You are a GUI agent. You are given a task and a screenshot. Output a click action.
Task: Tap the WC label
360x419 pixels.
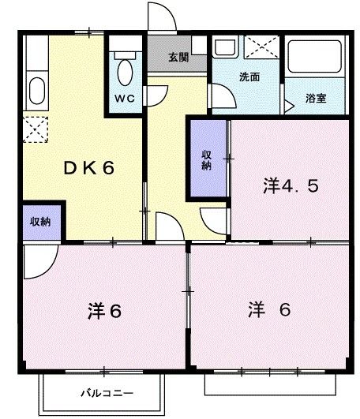(x=125, y=99)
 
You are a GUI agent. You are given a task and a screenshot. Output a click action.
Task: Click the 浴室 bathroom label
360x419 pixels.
(x=318, y=100)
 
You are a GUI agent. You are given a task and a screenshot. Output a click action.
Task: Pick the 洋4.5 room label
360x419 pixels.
(x=291, y=186)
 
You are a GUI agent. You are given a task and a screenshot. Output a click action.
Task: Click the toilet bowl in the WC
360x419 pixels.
(x=125, y=71)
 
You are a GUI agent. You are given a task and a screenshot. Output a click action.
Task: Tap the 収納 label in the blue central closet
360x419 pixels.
(x=206, y=159)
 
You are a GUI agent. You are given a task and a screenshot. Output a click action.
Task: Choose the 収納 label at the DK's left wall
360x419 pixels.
(x=41, y=222)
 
